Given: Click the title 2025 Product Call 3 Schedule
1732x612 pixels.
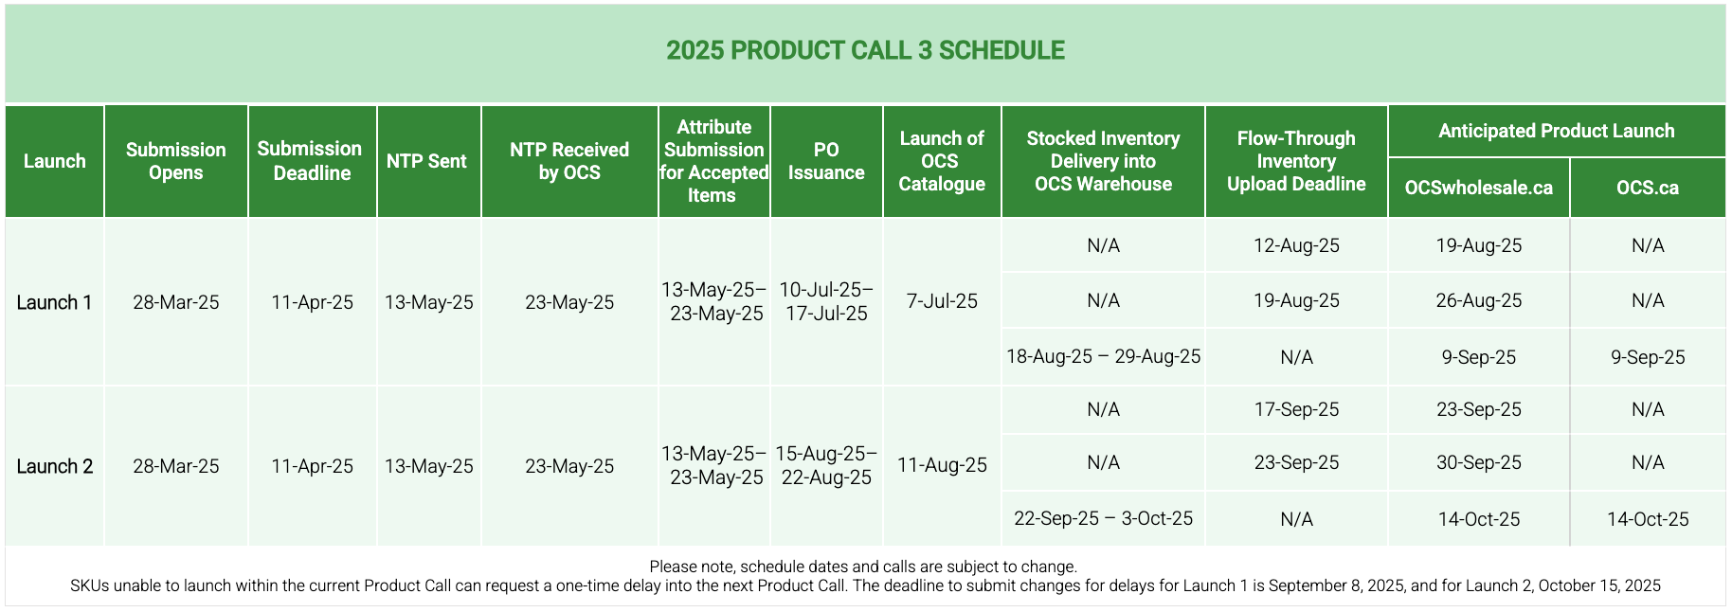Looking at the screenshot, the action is pos(865,50).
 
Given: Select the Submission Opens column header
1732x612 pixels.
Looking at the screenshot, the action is pos(176,161).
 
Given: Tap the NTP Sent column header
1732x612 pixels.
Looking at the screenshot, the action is pos(426,161).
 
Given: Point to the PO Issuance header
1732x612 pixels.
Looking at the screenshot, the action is pos(826,161).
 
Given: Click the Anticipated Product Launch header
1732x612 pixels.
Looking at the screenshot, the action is pos(1557,131).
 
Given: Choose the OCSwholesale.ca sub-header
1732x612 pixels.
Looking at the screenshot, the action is pos(1479,188).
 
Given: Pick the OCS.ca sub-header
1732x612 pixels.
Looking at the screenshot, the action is pos(1648,188).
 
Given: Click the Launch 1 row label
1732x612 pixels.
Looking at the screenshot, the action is pos(54,302).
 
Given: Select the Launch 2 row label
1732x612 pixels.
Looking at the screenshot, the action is pos(54,466).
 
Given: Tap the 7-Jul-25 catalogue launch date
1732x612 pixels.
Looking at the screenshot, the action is pos(942,301).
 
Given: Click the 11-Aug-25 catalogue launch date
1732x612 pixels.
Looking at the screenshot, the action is pos(942,465).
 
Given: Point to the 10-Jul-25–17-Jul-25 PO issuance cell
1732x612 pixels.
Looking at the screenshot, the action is pos(826,301).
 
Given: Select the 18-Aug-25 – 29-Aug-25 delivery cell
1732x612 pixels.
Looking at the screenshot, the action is pos(1103,356).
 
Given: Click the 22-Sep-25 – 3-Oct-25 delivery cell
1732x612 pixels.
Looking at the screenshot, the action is pos(1103,518).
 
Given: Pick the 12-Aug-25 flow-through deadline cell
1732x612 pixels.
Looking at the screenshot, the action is pos(1296,245).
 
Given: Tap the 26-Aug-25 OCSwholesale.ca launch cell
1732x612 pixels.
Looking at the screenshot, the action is pos(1479,300).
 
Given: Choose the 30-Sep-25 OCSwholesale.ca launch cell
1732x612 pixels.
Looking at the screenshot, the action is pos(1479,462).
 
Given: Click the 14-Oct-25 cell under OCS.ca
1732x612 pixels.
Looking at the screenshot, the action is pos(1648,519).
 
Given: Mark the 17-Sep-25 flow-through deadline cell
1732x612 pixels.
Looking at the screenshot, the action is pos(1296,409).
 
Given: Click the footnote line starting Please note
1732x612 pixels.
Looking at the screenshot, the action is pos(863,567).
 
